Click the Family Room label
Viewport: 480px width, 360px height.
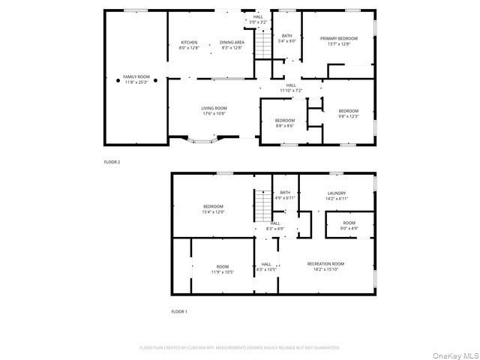136,79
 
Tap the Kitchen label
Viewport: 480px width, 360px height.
188,44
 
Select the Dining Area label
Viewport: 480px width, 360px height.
232,44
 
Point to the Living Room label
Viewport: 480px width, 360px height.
214,110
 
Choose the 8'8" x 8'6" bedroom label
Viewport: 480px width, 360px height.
284,123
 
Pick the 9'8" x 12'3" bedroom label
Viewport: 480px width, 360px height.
348,113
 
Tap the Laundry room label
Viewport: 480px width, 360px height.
337,196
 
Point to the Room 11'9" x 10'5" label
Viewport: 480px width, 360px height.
223,268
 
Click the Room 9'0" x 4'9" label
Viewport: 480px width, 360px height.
349,225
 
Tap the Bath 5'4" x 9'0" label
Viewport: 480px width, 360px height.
287,38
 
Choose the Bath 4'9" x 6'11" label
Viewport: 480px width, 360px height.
284,195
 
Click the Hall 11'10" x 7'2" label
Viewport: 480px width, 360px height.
291,88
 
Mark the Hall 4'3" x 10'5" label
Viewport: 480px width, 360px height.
266,266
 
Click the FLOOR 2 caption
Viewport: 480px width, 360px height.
112,162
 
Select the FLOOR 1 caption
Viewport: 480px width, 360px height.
178,310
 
